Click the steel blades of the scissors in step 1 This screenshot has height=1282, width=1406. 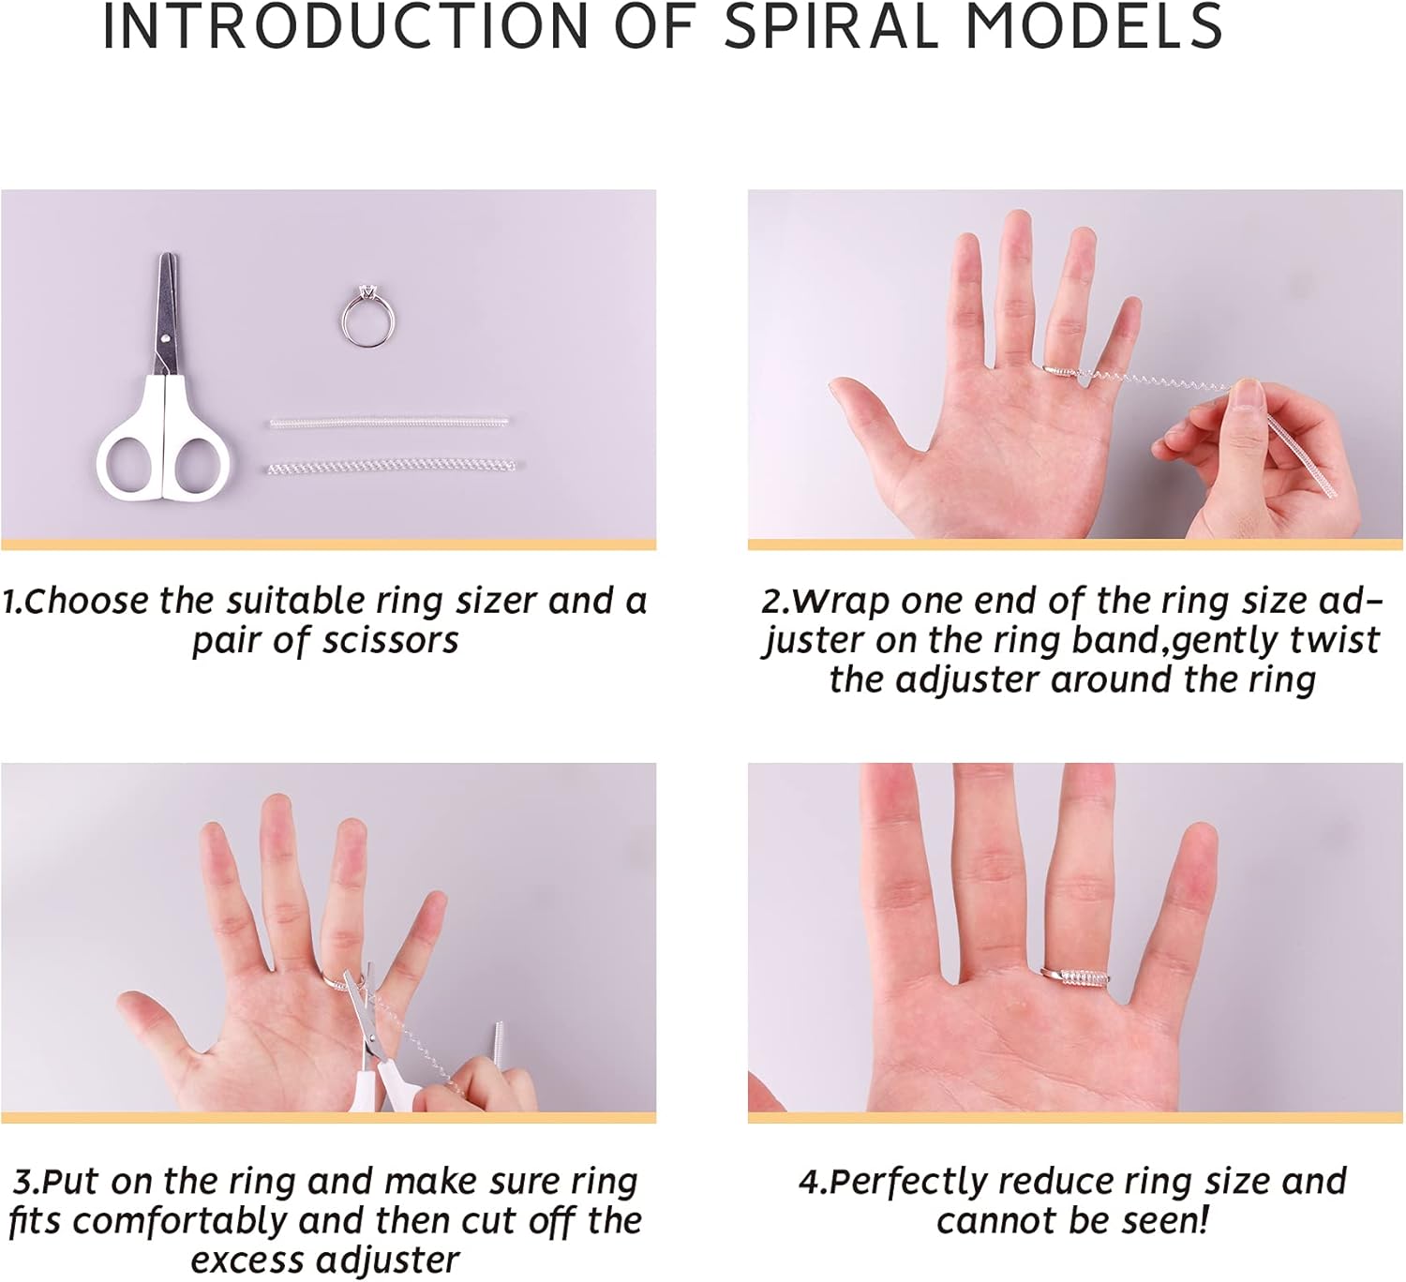(x=166, y=316)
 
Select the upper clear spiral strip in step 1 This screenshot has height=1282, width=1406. (x=389, y=422)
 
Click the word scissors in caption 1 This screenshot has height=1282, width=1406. (x=390, y=641)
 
